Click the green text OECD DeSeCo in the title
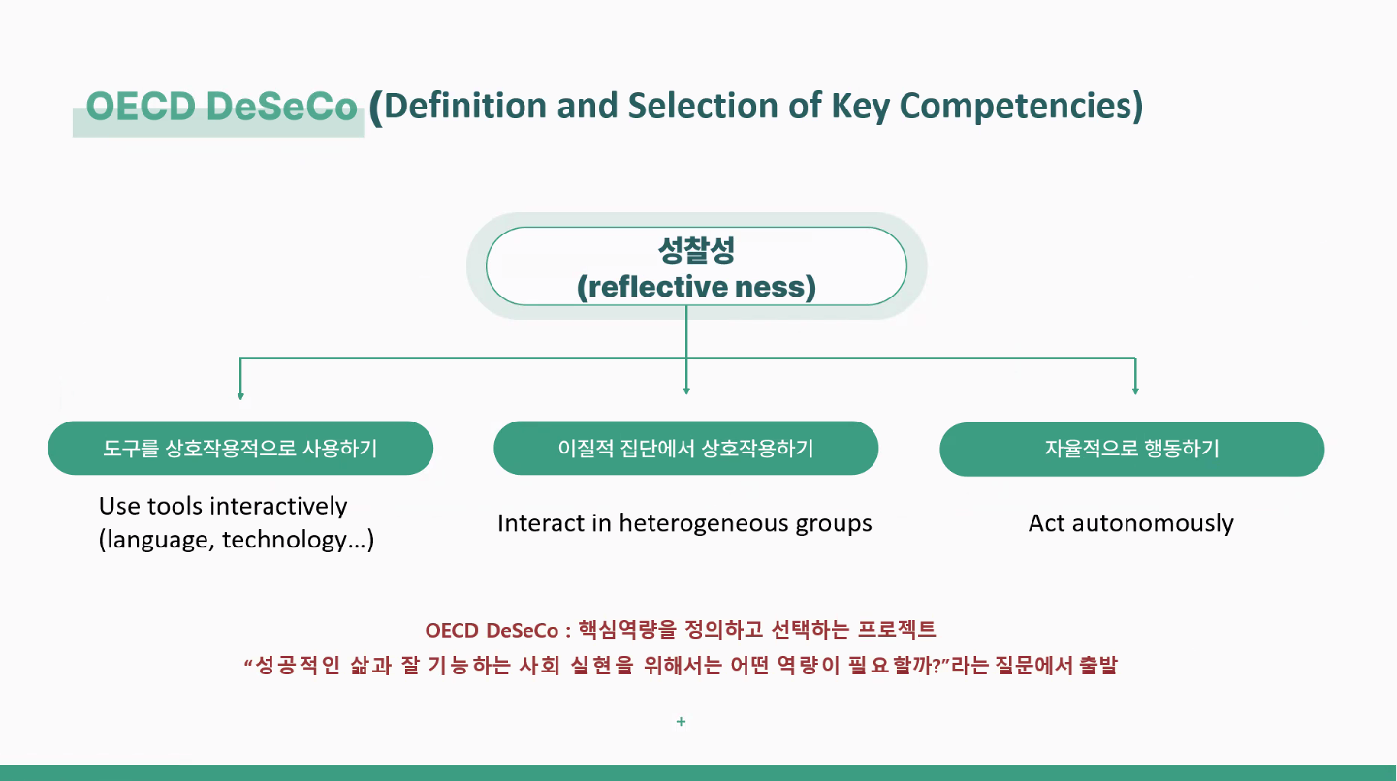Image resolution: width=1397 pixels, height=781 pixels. point(221,106)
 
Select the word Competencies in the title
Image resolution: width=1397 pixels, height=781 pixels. point(1021,106)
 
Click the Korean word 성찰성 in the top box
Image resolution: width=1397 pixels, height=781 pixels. point(697,250)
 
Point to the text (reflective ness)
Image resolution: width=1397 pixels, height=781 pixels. point(697,287)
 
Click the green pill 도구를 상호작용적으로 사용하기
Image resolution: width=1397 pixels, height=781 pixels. point(240,449)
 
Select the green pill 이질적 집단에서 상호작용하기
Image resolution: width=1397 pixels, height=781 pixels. point(686,449)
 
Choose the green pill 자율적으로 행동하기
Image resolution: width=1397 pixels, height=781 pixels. point(1132,450)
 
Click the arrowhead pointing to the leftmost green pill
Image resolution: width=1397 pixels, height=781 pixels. point(240,396)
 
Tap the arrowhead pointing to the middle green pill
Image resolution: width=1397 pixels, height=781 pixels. point(686,391)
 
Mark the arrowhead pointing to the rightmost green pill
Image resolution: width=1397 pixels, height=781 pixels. point(1135,391)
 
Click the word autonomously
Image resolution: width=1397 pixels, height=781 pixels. point(1153,523)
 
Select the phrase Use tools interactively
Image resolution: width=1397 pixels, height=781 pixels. point(223,506)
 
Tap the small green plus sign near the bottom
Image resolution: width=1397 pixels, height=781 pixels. point(681,721)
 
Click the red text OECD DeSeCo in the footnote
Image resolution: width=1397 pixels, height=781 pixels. point(492,630)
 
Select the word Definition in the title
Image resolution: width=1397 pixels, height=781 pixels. point(465,105)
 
